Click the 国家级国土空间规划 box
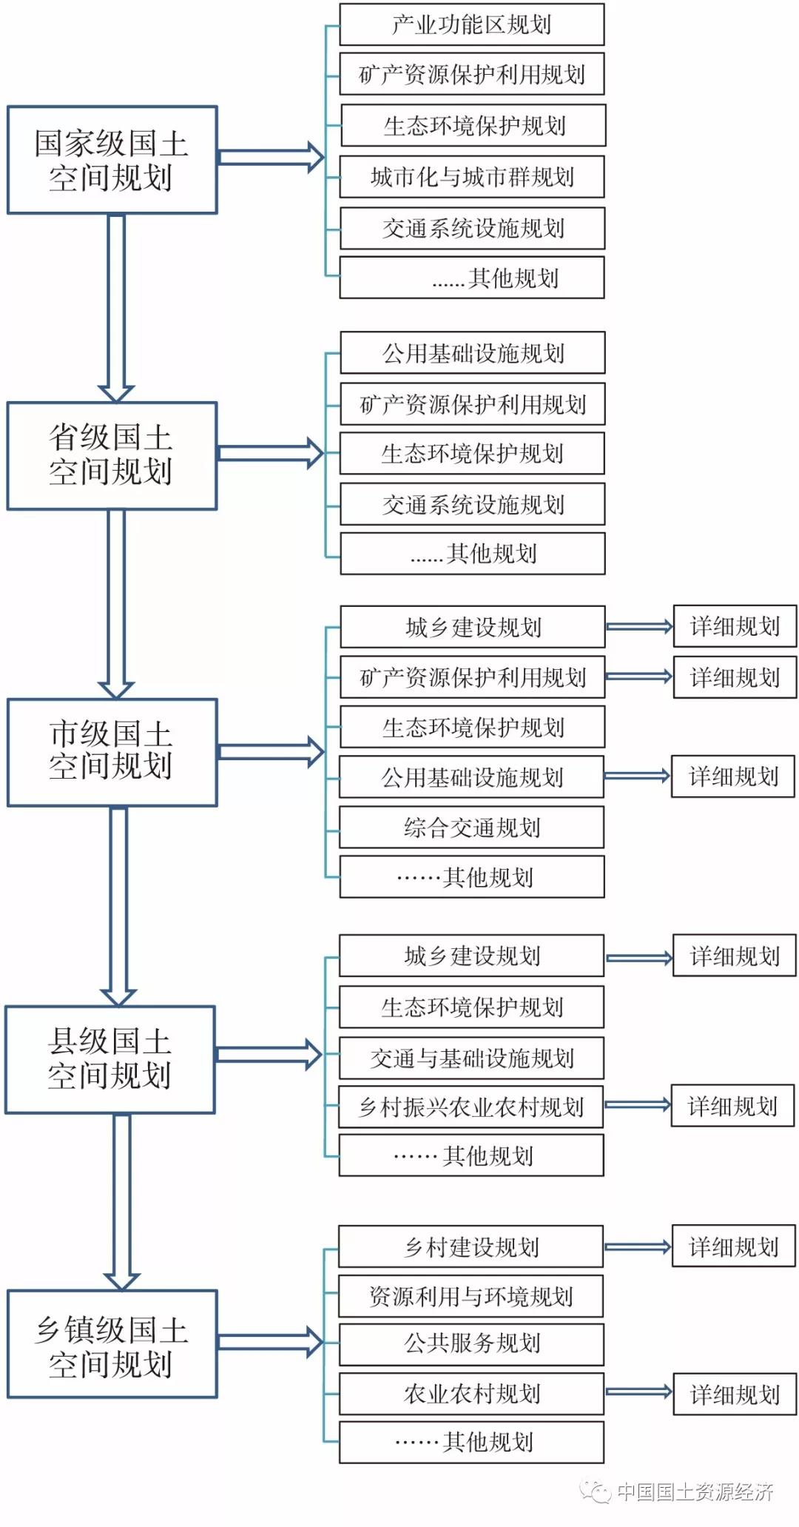(112, 160)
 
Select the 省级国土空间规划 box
(112, 455)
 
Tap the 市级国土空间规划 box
(112, 752)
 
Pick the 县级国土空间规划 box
(110, 1059)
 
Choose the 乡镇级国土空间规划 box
(112, 1343)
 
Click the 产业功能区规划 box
(471, 24)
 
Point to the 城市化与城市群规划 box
(471, 176)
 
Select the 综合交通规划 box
(471, 827)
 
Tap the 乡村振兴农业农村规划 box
(471, 1107)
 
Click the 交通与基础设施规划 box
(471, 1058)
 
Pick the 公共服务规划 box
(471, 1343)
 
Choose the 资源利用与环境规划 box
(471, 1295)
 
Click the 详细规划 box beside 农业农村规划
(735, 1395)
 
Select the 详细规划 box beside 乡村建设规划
(733, 1246)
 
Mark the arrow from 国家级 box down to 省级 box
(116, 307)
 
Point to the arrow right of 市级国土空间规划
(272, 752)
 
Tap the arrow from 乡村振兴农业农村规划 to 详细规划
(637, 1105)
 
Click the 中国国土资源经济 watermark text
(694, 1491)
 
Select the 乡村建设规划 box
(471, 1246)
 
